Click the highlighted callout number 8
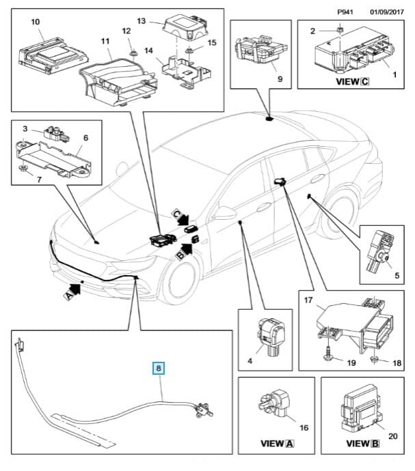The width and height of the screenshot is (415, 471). (159, 369)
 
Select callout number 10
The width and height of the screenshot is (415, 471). (36, 22)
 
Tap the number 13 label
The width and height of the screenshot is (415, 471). (141, 20)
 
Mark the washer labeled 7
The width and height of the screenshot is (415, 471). (23, 169)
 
